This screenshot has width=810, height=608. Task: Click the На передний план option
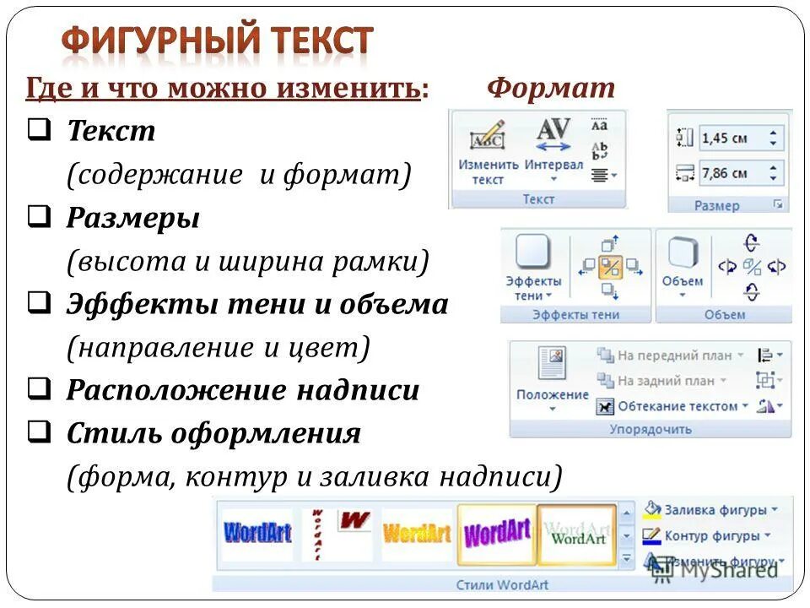(x=671, y=356)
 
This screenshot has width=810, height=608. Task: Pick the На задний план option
(x=667, y=381)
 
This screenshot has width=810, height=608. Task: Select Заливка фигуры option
(x=714, y=510)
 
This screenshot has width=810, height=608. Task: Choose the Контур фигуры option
(x=710, y=535)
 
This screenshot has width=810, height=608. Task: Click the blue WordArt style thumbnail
(x=256, y=534)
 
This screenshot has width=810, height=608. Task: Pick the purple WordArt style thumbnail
(x=497, y=534)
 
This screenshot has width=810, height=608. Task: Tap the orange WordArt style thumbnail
(x=417, y=534)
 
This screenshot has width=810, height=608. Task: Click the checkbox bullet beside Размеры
(x=36, y=218)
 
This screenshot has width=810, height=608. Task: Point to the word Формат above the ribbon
(x=551, y=89)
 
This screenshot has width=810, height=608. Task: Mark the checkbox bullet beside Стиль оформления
(x=36, y=433)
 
